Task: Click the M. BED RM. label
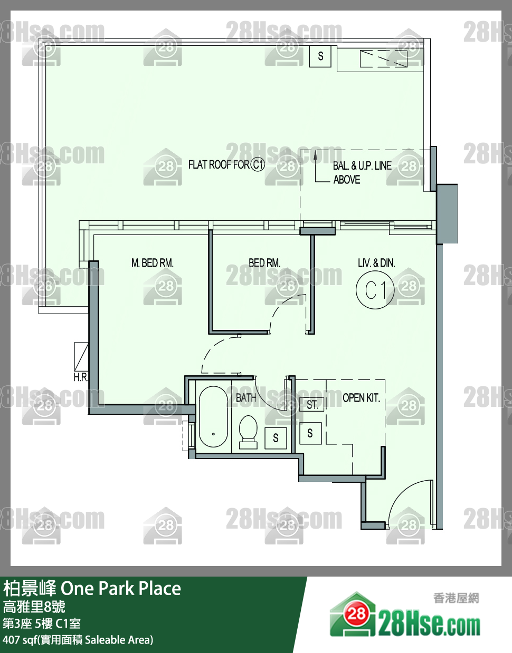[153, 263]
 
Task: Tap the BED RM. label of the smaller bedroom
[264, 263]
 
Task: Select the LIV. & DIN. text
[376, 263]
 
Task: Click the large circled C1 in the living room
[375, 290]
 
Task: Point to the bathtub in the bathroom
[213, 417]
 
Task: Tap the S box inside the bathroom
[276, 438]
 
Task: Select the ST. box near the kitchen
[312, 404]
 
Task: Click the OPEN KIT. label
[361, 398]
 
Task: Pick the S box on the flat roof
[320, 56]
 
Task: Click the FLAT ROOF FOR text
[219, 164]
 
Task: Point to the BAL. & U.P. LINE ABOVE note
[362, 172]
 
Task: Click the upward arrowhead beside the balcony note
[315, 155]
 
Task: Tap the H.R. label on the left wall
[81, 378]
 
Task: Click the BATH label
[246, 398]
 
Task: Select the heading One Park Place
[121, 588]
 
